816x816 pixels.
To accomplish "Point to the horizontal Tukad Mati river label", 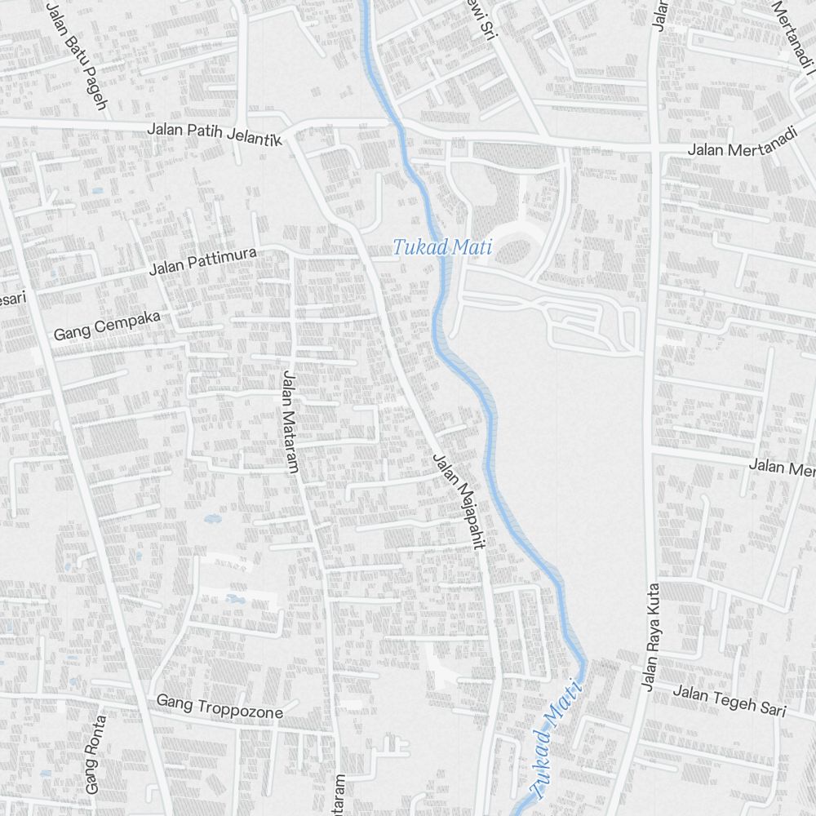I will tap(442, 246).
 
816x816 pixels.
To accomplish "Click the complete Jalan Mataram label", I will tap(290, 421).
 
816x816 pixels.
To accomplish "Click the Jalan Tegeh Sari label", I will tap(729, 701).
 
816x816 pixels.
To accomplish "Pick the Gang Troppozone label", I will tap(219, 706).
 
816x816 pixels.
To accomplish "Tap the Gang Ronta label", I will tap(95, 755).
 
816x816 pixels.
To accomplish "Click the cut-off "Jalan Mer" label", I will tap(782, 468).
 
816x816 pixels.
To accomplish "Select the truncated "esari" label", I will tap(12, 299).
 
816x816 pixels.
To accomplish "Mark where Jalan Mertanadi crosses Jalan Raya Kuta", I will tap(655, 149).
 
